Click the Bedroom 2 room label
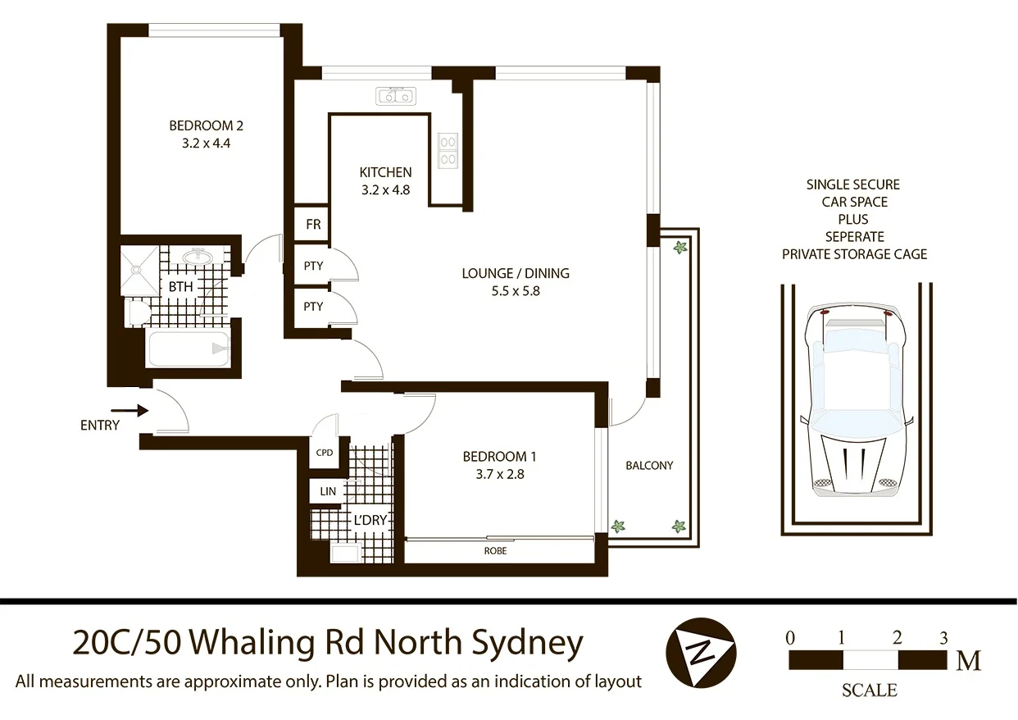(206, 125)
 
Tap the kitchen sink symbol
(397, 97)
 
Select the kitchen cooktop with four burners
(448, 150)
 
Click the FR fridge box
(312, 224)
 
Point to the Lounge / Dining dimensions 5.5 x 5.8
(515, 290)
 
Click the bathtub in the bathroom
(189, 349)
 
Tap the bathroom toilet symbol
(137, 312)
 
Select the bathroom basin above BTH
(197, 257)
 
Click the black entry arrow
(130, 410)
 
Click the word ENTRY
(100, 426)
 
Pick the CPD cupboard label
(324, 453)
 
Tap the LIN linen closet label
(328, 491)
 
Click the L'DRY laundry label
(369, 520)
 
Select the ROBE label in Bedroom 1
(495, 551)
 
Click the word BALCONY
(649, 465)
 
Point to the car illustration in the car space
(856, 402)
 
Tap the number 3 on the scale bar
(943, 637)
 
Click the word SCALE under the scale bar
(869, 690)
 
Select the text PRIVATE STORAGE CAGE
(854, 254)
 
